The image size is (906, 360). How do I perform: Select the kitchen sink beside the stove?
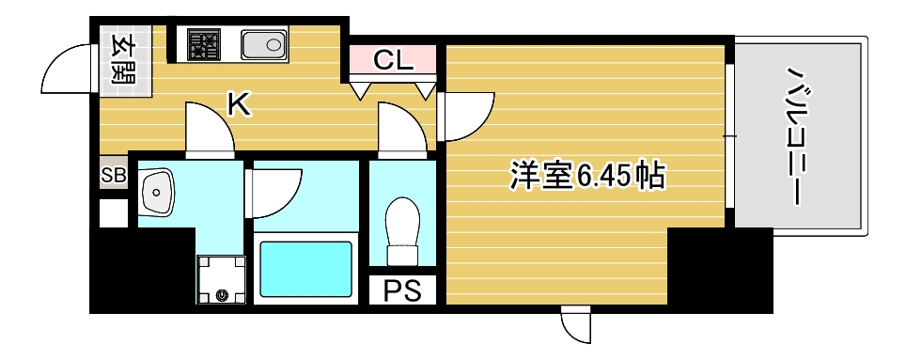263,43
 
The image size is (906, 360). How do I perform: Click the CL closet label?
393,61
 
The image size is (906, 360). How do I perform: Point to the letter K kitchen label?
240,104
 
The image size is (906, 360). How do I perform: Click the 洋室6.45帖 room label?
587,175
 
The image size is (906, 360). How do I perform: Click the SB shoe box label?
113,175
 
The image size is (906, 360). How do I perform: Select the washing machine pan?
220,281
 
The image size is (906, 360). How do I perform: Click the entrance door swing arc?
68,73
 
